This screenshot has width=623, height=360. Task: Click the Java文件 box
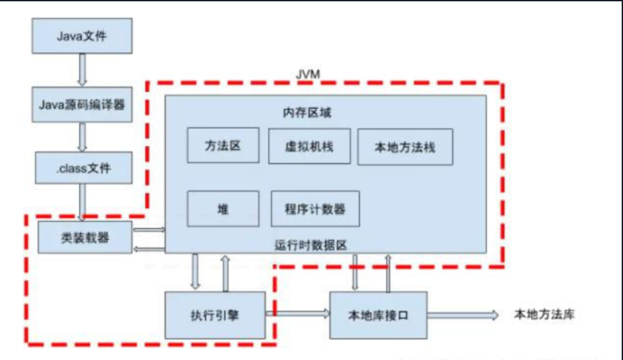tap(82, 36)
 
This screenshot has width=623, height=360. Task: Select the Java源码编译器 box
tap(82, 104)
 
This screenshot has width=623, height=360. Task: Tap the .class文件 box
tap(82, 168)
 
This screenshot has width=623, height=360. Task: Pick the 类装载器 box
tap(85, 238)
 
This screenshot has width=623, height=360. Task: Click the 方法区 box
tap(223, 145)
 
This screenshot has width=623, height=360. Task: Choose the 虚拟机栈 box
tap(309, 145)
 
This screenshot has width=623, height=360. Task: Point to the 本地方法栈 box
tap(404, 146)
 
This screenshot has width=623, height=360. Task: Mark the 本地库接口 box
tap(377, 315)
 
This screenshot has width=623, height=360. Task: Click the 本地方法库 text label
tap(544, 314)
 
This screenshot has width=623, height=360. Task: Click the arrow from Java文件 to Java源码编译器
tap(82, 70)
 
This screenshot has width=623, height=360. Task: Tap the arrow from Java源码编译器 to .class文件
tap(82, 137)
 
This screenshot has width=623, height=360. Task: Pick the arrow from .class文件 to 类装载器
tap(82, 202)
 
